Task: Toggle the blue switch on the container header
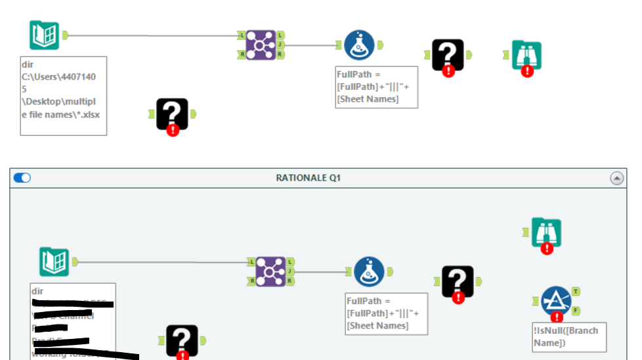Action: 22,178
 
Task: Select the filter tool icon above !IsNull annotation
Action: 555,300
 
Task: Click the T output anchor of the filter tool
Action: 576,291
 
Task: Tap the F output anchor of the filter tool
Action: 576,310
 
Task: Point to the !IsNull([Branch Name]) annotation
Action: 568,336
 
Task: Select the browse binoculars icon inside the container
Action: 546,233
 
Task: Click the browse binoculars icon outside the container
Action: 526,56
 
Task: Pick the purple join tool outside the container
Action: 261,45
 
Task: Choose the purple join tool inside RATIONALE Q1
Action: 270,271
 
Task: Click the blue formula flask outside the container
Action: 359,45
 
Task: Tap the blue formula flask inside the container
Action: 369,271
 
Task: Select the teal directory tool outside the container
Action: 45,35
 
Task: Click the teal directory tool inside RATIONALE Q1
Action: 54,261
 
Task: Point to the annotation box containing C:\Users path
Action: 63,95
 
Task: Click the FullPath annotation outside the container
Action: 376,86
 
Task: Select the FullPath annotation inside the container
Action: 386,313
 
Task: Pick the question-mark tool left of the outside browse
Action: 448,56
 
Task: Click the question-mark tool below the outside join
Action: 172,114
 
